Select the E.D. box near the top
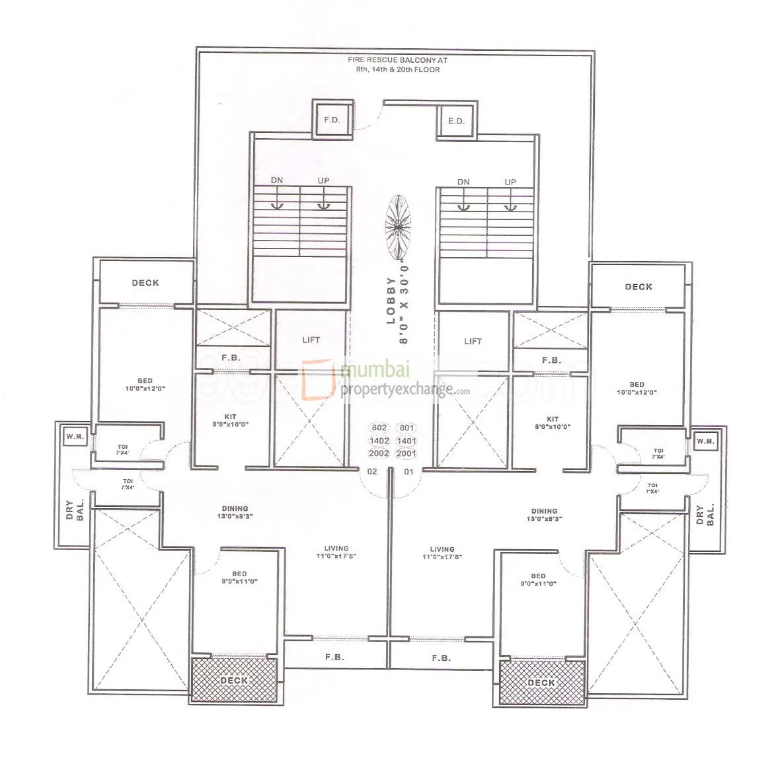456,120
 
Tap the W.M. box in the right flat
705,441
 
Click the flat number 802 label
380,428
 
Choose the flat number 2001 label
407,453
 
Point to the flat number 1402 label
380,441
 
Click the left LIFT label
311,340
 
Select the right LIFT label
473,341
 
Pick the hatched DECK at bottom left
234,679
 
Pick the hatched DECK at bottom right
541,682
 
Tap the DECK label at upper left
145,283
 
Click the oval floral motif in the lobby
398,226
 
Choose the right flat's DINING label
544,515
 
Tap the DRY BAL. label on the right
705,515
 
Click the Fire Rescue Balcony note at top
393,64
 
